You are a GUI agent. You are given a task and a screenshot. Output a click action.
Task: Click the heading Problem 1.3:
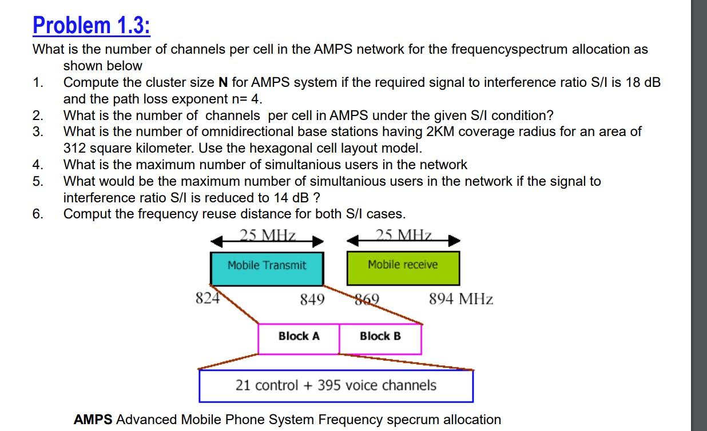[92, 26]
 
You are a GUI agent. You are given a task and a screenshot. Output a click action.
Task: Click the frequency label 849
[312, 300]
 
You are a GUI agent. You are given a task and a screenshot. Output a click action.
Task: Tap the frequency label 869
[367, 300]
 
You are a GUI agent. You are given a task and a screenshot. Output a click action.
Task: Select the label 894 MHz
[461, 299]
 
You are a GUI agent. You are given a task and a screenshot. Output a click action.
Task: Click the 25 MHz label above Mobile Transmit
[268, 235]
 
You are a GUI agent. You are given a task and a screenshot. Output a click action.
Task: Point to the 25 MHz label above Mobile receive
[404, 235]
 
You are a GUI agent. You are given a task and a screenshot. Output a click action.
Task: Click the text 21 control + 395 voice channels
[336, 386]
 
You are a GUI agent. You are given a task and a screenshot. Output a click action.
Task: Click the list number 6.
[38, 214]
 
